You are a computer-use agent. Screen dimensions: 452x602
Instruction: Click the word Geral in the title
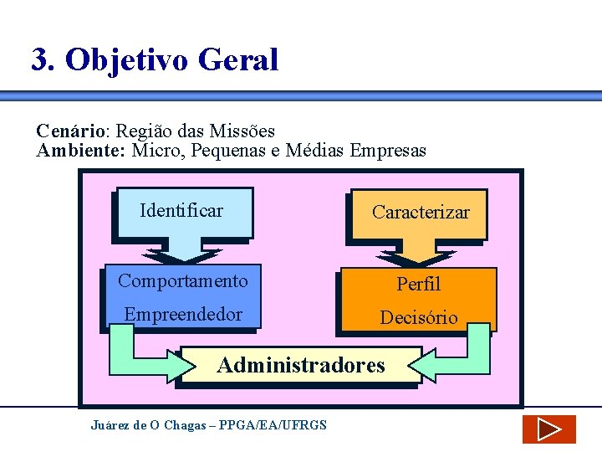[238, 59]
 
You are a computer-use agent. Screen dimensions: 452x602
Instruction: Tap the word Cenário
[71, 131]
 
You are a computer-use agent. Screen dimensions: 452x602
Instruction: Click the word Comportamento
[182, 281]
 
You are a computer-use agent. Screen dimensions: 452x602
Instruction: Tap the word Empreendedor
[182, 315]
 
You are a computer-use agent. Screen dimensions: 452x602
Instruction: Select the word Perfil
[418, 285]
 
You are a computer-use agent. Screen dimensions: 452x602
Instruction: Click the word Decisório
[419, 318]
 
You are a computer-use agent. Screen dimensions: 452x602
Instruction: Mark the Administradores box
[300, 365]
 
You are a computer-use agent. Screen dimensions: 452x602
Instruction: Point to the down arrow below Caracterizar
[417, 254]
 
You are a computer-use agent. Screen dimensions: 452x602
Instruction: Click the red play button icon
[548, 429]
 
